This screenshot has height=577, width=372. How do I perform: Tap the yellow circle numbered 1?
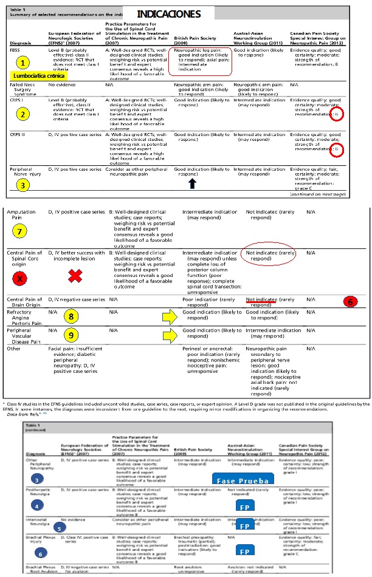tap(22, 63)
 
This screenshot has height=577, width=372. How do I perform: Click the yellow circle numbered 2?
tap(22, 114)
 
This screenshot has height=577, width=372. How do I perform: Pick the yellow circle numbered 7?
tap(20, 231)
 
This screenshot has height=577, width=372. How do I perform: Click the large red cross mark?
tap(75, 276)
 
